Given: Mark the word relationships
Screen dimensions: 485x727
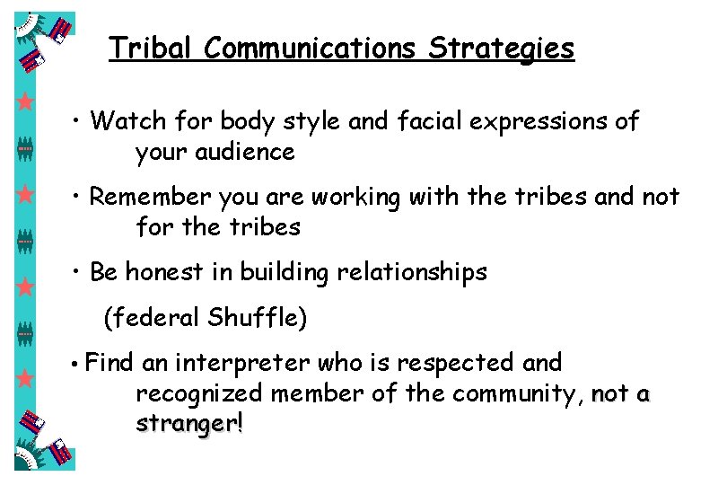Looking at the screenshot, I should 412,273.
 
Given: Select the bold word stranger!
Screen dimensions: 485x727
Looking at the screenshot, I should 189,424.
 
